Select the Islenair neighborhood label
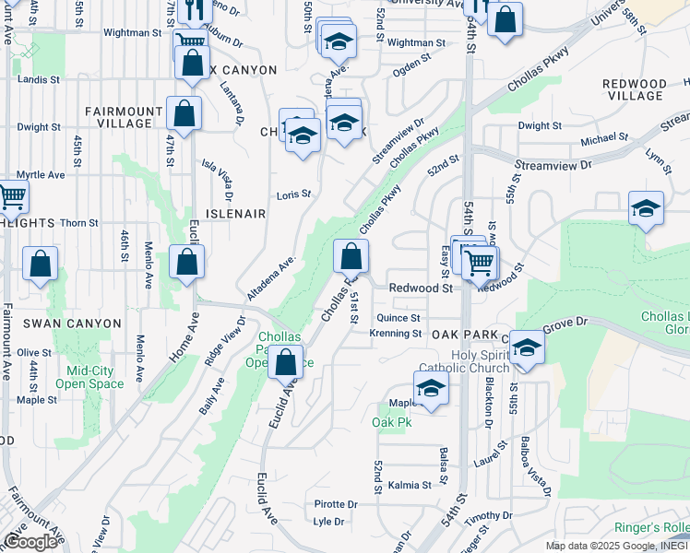(237, 213)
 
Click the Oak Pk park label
(391, 422)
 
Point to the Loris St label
(295, 195)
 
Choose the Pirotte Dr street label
(335, 504)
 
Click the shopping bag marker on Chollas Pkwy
(351, 255)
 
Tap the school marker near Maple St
(430, 388)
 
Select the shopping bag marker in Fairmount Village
(184, 114)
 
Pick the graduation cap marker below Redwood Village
(646, 209)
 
